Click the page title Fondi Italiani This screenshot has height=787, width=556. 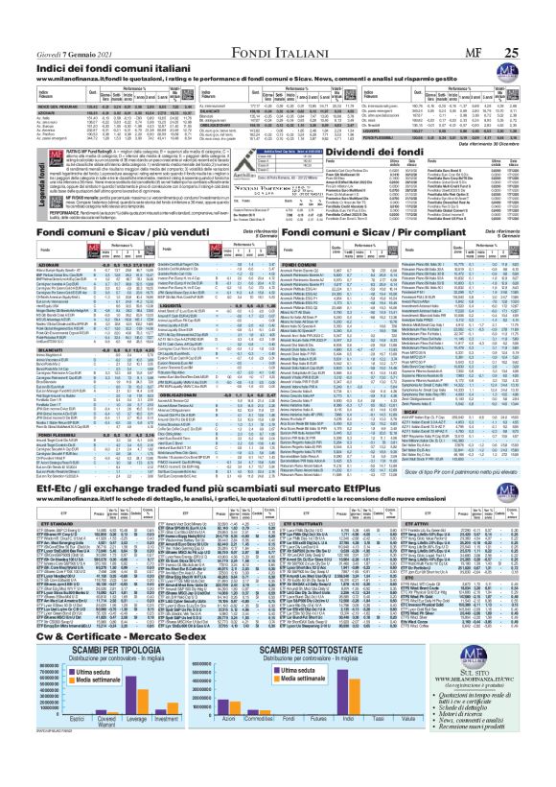click(x=278, y=13)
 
